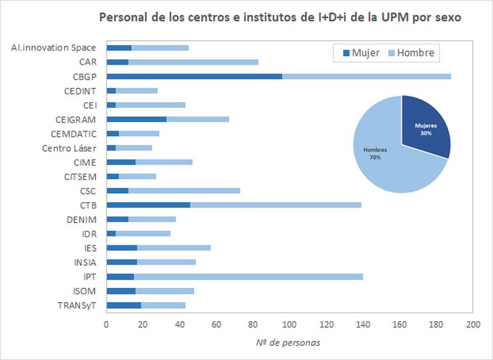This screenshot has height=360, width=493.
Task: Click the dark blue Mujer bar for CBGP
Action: coord(194,76)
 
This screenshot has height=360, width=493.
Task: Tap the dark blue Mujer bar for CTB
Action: coord(148,205)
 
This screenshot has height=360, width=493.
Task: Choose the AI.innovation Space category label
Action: coord(54,47)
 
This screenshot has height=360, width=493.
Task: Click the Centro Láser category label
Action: coord(69,148)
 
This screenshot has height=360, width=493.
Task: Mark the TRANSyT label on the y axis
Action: coord(77,305)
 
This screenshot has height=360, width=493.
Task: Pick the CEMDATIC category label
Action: coord(73,134)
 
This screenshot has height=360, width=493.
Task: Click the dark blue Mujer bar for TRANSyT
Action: coord(123,305)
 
